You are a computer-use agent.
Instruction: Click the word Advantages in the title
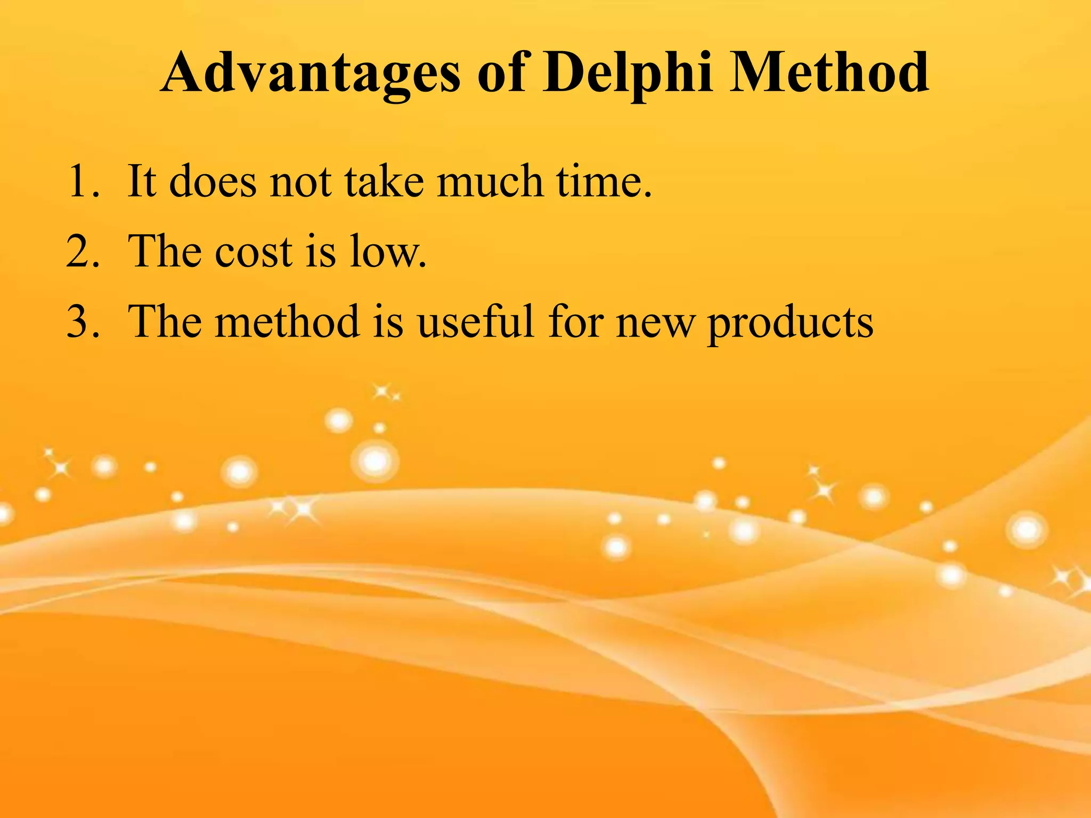310,73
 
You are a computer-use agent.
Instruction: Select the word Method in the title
829,72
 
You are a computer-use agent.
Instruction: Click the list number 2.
83,251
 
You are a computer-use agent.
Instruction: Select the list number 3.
83,322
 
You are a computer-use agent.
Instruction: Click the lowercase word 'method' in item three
287,322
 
